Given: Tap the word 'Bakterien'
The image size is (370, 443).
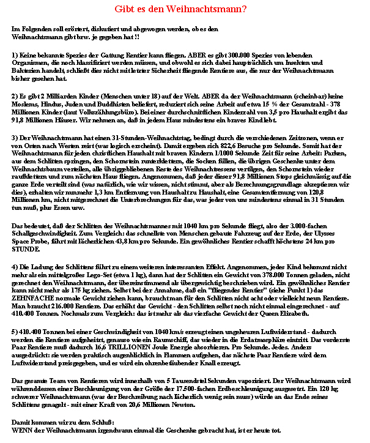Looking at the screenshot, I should tap(28, 70).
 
